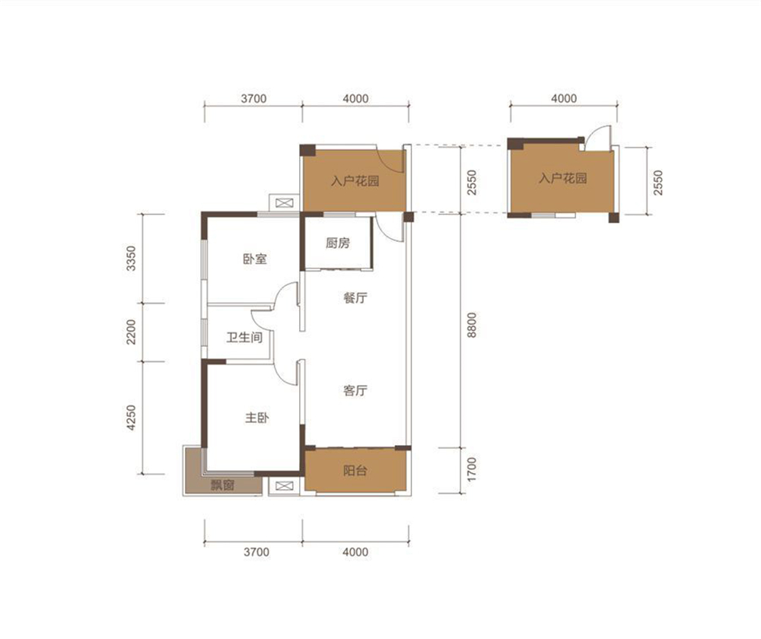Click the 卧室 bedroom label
[255, 259]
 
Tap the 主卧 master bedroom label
[256, 418]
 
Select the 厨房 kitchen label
[338, 243]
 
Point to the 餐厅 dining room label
[355, 297]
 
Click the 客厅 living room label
[355, 390]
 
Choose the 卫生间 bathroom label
[244, 337]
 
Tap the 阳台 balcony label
[355, 470]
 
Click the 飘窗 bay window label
[223, 485]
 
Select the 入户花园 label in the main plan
[355, 181]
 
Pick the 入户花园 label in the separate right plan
[563, 178]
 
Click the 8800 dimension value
[471, 325]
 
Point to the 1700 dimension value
[471, 469]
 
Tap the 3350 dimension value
[131, 258]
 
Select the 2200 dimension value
[131, 332]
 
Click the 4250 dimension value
[131, 418]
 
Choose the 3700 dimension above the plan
[254, 98]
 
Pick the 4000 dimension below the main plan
[355, 552]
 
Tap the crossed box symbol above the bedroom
[285, 202]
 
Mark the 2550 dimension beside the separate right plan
[658, 183]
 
